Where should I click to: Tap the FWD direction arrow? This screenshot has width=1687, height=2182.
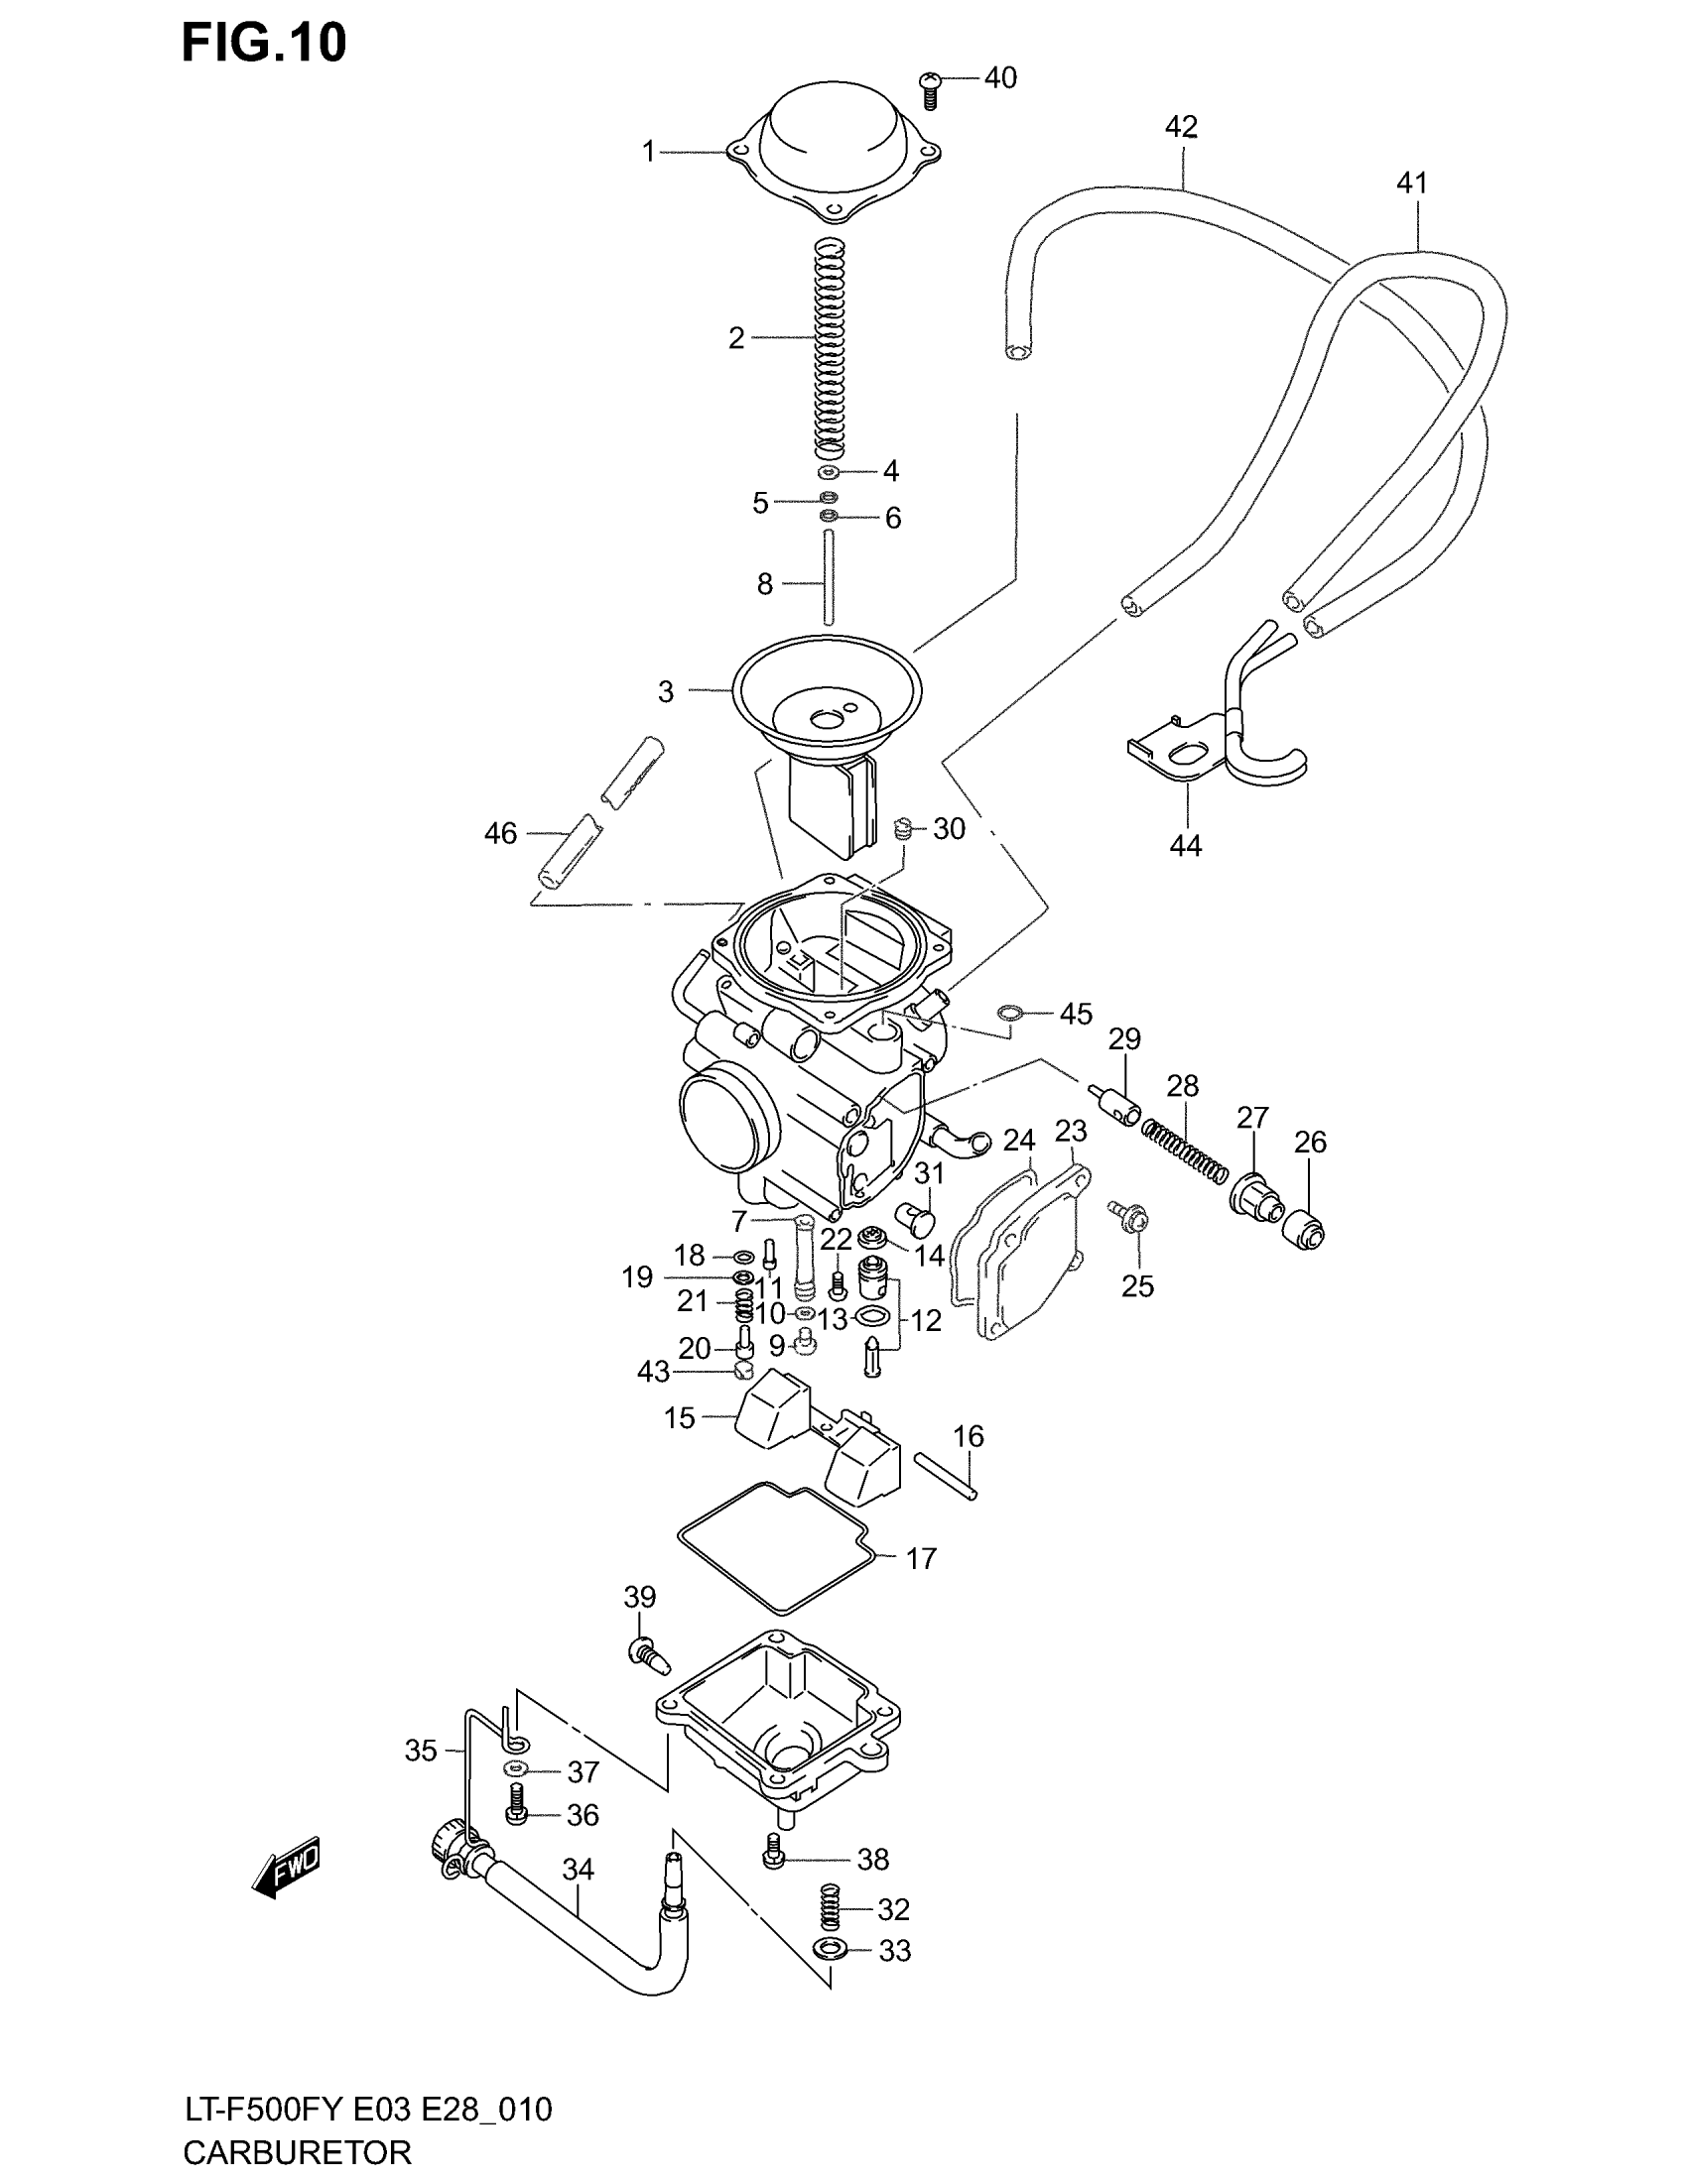click(x=288, y=1866)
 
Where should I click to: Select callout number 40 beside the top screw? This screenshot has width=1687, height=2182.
click(x=1000, y=78)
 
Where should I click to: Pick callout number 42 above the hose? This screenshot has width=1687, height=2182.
click(x=1180, y=127)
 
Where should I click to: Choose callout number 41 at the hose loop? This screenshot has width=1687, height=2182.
click(x=1411, y=182)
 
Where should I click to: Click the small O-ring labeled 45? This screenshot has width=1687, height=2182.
click(x=1009, y=1014)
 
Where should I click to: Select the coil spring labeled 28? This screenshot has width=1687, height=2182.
click(x=1185, y=1151)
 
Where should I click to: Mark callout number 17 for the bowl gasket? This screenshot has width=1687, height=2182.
click(x=921, y=1558)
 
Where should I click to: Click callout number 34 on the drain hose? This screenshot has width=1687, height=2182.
click(x=578, y=1870)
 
